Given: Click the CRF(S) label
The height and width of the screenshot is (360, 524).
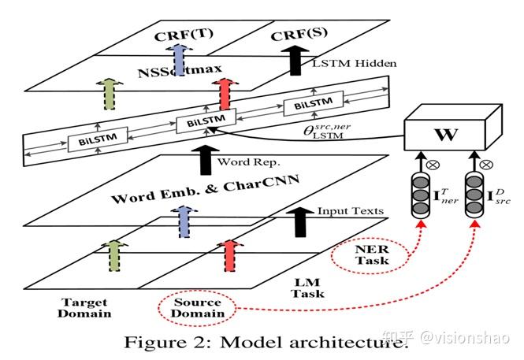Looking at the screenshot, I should click(x=303, y=36).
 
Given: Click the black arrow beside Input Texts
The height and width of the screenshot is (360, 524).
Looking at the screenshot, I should click(x=299, y=224).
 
